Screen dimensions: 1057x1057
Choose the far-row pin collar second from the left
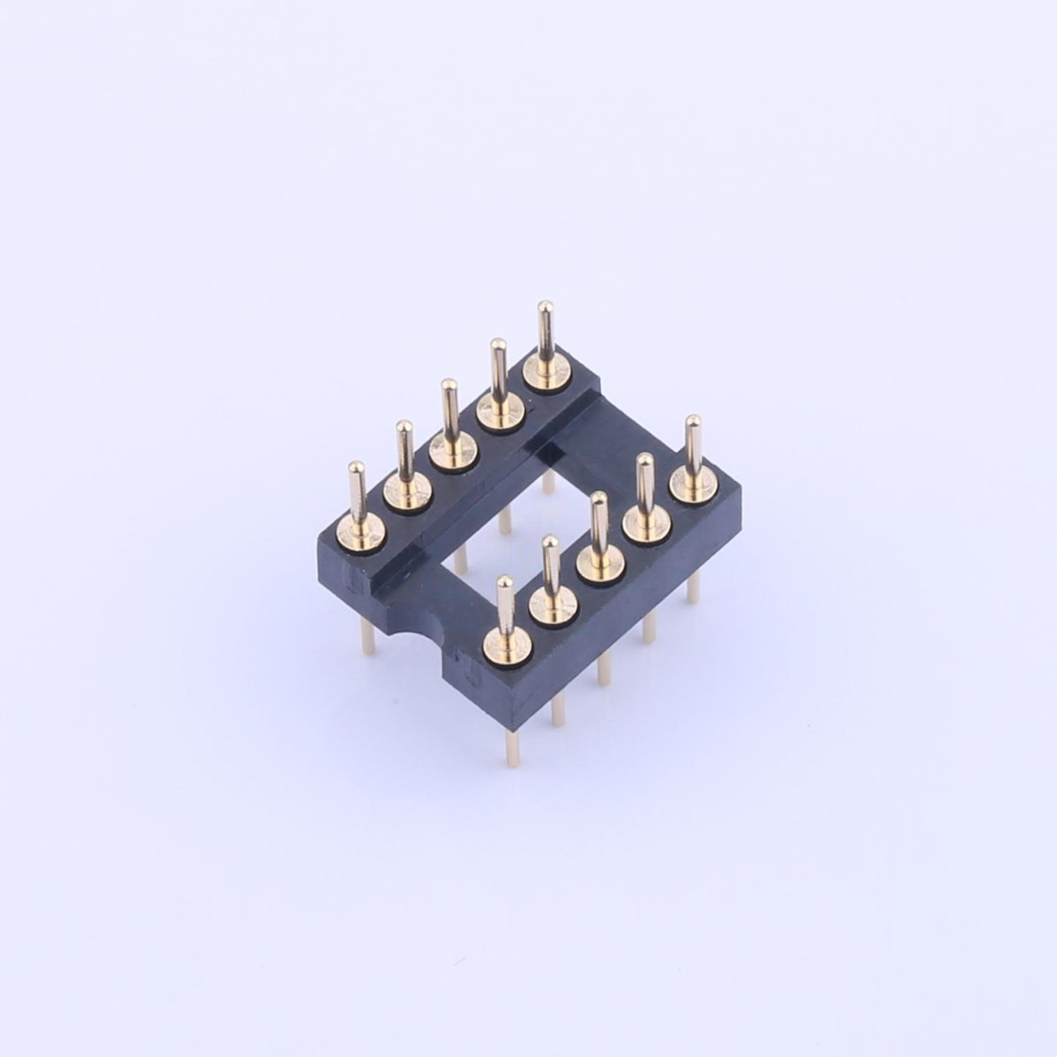pos(406,493)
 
